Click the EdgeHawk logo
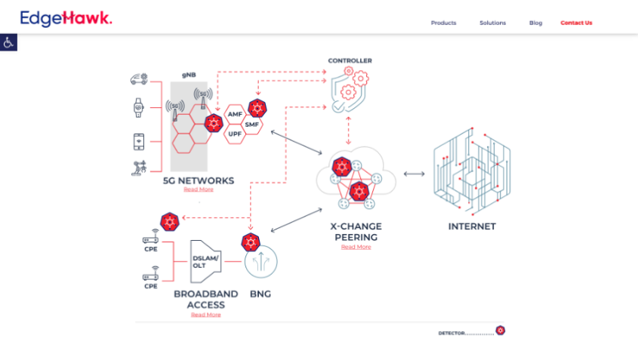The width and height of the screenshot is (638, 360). point(66,18)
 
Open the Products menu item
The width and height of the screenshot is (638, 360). point(443,23)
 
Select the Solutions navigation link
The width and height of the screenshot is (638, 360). point(492,23)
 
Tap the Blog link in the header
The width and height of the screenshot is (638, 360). point(535,23)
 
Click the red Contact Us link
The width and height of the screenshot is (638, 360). point(576,23)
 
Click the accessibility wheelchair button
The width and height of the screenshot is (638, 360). point(8,42)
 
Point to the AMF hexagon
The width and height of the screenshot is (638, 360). point(234,114)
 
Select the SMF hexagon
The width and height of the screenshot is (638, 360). point(252,124)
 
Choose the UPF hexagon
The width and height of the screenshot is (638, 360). point(234,134)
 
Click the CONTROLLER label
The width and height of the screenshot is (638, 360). point(350,60)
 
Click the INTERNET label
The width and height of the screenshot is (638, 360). point(472,226)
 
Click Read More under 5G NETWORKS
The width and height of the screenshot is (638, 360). point(199,189)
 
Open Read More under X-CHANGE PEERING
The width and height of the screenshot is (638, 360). point(356,247)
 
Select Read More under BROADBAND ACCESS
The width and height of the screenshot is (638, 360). point(205,314)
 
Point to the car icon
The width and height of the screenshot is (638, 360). point(139,78)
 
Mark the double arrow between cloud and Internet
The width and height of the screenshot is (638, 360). point(414,174)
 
